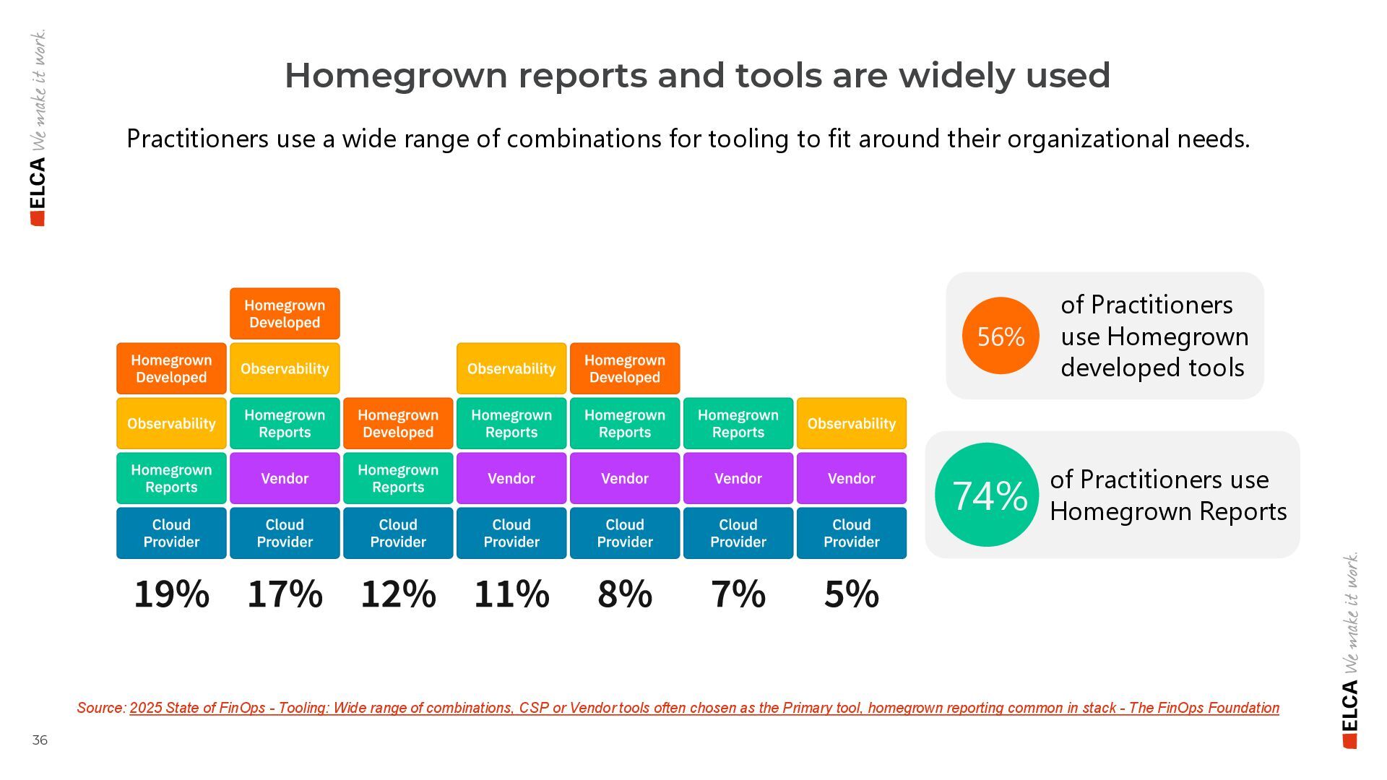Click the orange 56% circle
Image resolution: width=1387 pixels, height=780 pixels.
[1001, 336]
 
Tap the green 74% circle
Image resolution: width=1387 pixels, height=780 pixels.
[987, 495]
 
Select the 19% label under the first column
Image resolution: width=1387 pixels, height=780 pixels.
[171, 594]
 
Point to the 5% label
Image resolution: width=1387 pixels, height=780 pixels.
[851, 594]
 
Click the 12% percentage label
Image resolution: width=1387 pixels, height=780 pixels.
[398, 594]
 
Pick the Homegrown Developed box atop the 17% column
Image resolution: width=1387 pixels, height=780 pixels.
[285, 314]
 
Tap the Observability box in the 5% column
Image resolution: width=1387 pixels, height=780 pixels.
[851, 424]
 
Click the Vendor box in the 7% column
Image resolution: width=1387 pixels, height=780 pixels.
[738, 478]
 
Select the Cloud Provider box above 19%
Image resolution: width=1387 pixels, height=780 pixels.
[171, 533]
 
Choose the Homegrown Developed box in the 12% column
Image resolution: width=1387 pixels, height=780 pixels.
[398, 424]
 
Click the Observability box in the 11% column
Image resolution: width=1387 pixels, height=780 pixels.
[511, 369]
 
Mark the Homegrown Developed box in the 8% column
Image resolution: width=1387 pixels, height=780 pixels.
[625, 369]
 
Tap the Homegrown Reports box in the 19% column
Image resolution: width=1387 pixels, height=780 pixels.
[171, 478]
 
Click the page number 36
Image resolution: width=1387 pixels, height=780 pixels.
[40, 740]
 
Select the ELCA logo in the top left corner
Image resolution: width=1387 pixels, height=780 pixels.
[38, 191]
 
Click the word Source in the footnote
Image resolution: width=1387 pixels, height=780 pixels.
[100, 708]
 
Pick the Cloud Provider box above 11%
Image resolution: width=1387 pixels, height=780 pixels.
[511, 533]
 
